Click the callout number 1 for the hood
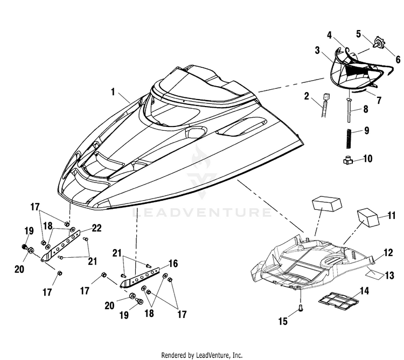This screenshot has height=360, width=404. click(113, 92)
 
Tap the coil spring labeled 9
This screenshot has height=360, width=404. click(349, 139)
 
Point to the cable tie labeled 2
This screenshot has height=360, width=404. click(326, 105)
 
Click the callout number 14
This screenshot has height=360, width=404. click(364, 291)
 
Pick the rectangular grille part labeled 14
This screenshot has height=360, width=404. click(339, 300)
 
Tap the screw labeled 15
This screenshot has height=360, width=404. click(301, 307)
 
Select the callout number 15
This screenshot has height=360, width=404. click(283, 321)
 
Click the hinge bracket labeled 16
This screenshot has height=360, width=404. click(141, 277)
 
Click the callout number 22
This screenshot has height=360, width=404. click(96, 228)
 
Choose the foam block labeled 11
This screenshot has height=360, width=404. click(368, 217)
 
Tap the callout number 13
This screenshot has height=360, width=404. click(389, 276)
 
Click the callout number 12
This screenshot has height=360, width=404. click(388, 253)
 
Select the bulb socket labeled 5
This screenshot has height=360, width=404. click(378, 43)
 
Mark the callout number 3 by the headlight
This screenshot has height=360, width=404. click(317, 51)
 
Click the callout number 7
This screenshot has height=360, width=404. click(379, 100)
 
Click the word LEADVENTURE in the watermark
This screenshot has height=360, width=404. click(202, 213)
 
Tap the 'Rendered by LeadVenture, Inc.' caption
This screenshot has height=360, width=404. click(202, 355)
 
